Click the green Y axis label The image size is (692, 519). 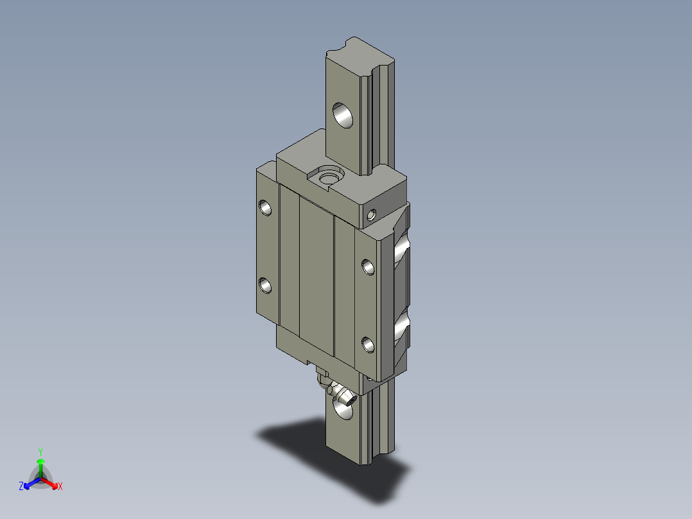tap(40, 452)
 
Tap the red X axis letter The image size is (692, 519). tap(60, 487)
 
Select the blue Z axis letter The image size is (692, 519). tap(21, 487)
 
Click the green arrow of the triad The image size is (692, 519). tap(40, 464)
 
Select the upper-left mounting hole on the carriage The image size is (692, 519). tap(265, 207)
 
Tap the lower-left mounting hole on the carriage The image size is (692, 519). tap(265, 285)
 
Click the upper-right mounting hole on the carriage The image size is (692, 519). tap(368, 266)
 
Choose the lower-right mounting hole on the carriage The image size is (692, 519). tap(368, 345)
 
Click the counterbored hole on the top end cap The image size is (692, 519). tap(329, 176)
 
